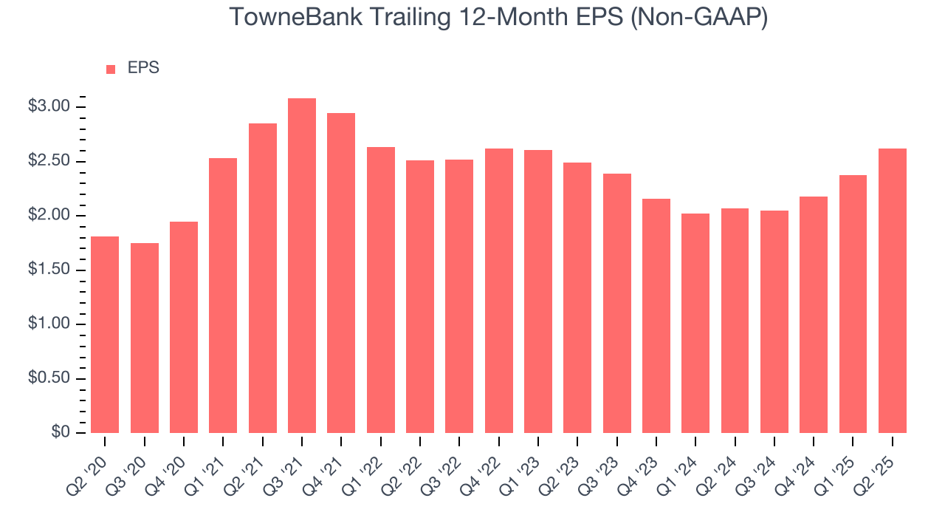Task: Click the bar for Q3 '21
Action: (302, 266)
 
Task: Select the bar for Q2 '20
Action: (105, 335)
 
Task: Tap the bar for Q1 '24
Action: (695, 324)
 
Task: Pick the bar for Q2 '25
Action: (893, 291)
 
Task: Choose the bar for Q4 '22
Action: (499, 291)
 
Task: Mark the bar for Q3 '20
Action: (145, 338)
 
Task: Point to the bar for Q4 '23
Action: (656, 316)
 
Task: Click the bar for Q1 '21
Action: (223, 296)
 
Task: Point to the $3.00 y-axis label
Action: (49, 107)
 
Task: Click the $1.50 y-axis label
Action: (49, 270)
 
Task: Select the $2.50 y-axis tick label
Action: (49, 162)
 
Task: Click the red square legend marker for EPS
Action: (111, 69)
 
